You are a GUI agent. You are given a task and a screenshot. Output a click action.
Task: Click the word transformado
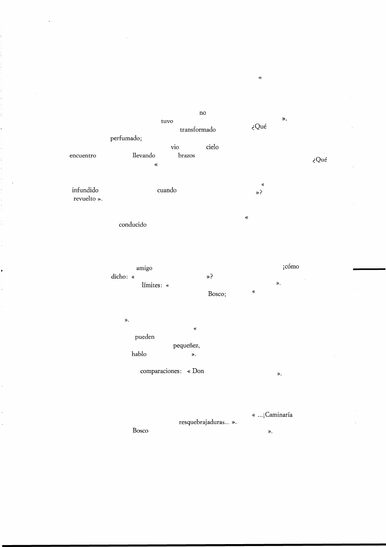pos(198,130)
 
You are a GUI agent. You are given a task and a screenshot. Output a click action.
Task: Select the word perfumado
pos(125,139)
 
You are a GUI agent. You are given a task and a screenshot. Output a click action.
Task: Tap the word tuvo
pos(167,122)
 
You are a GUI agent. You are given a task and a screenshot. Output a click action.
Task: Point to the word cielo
pos(212,147)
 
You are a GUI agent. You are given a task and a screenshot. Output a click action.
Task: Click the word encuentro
pos(83,156)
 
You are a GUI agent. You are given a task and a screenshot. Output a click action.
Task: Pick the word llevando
pos(144,155)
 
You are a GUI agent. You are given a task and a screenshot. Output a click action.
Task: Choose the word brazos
pos(186,155)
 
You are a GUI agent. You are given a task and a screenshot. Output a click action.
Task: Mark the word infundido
pos(85,190)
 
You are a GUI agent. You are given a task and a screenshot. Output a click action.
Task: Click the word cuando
pos(167,190)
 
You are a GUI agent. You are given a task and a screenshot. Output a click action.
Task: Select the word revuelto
pos(84,199)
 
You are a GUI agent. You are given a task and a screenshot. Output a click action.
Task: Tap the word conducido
pos(133,225)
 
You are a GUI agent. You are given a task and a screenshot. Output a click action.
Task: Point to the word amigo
pos(144,268)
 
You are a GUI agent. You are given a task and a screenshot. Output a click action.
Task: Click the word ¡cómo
pos(291,266)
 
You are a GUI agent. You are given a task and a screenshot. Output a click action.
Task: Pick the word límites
pos(152,285)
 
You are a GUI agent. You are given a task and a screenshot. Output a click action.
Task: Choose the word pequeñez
pos(186,346)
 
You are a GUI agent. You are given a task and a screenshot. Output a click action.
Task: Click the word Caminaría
pos(278,415)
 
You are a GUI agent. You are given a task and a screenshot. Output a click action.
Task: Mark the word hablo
pos(139,354)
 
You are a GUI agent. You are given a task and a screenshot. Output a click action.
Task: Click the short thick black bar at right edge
pos(369,269)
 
